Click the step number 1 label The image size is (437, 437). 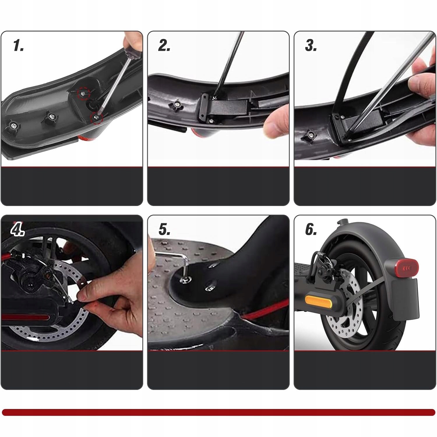point(18,46)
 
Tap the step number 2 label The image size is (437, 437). point(164,46)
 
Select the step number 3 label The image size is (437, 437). point(311,46)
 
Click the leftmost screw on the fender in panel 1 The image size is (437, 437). point(13,126)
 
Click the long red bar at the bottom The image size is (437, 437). point(218,412)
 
